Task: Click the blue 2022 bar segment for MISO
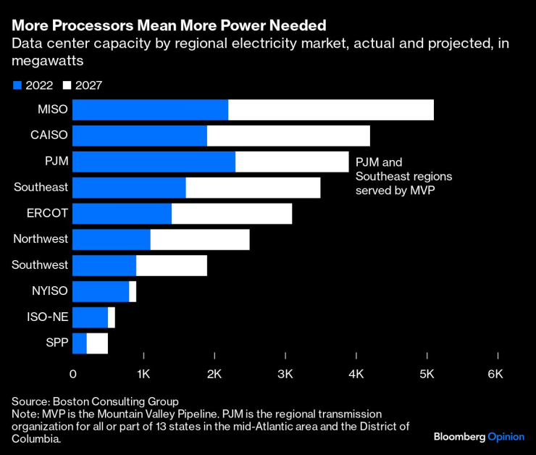coord(150,110)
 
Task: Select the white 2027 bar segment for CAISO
coord(288,136)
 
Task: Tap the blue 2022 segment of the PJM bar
coord(154,162)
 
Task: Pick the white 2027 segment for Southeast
coord(253,188)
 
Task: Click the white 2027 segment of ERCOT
coord(232,214)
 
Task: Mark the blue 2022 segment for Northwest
coord(112,240)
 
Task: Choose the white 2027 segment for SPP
coord(97,343)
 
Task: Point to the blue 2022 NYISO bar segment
coord(101,291)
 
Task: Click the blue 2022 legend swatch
coord(18,85)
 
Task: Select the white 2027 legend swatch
coord(67,85)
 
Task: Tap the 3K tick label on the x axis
coord(285,374)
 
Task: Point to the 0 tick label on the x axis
coord(73,374)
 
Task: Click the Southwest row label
coord(40,265)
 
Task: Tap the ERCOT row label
coord(47,214)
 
